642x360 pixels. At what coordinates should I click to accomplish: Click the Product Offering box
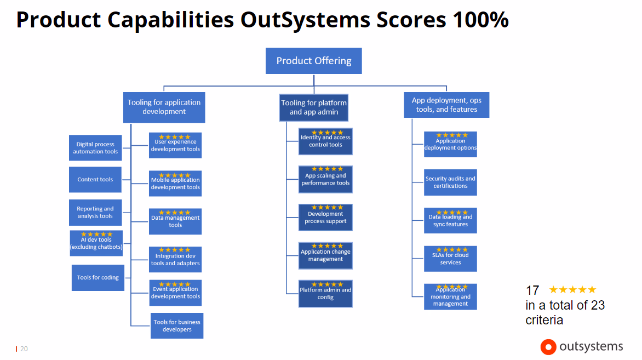click(314, 61)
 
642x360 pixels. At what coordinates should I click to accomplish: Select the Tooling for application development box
click(164, 107)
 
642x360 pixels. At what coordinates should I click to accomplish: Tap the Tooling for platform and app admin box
click(314, 108)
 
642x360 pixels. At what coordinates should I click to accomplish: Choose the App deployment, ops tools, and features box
click(446, 105)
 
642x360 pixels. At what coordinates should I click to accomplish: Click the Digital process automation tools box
click(95, 148)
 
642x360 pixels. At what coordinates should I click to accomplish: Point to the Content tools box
click(95, 179)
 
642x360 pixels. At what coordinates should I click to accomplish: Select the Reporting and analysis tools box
click(95, 213)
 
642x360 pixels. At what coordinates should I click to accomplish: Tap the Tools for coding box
click(98, 278)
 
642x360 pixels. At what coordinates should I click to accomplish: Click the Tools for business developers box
click(177, 325)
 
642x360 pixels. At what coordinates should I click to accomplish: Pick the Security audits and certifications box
click(450, 182)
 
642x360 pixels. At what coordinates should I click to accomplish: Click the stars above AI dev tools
click(96, 235)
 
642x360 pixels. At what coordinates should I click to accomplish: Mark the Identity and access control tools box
click(325, 141)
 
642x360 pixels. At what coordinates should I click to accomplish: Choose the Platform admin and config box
click(325, 294)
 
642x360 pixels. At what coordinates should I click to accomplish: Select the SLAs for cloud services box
click(450, 259)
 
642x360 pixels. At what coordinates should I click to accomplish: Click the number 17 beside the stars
click(532, 290)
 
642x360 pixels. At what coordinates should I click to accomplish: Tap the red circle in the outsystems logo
click(548, 347)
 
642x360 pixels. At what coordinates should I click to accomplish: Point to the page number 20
click(24, 349)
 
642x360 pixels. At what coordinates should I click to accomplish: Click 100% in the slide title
click(481, 19)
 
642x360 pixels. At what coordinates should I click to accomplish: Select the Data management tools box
click(175, 221)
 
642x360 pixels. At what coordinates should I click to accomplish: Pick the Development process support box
click(325, 218)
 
